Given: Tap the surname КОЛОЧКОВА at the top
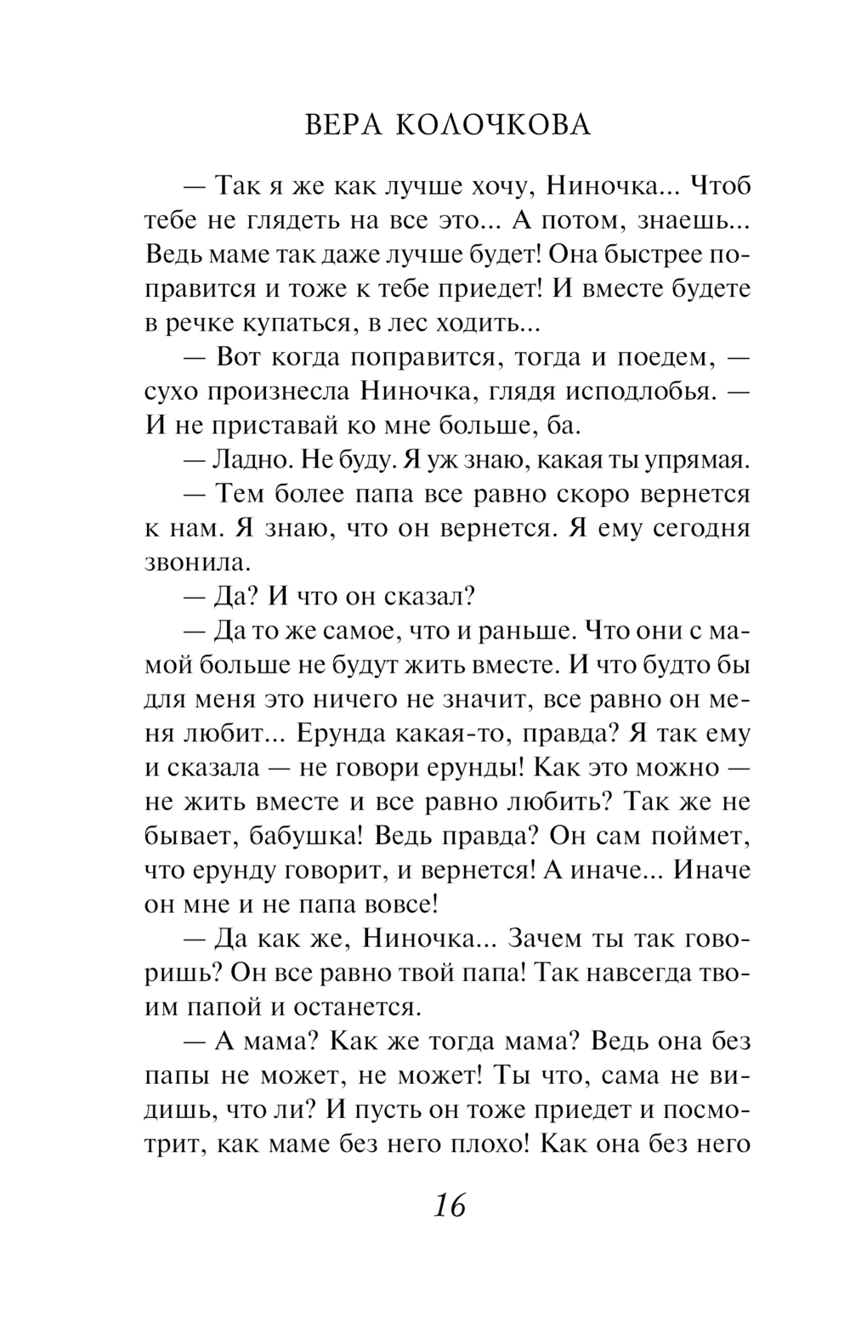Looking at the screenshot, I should point(493,125).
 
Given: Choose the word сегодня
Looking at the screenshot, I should point(701,528).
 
